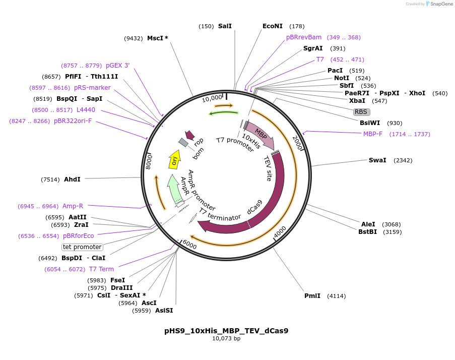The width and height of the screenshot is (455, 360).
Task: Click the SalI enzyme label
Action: coord(225,26)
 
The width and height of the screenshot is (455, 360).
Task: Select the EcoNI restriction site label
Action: coord(273,26)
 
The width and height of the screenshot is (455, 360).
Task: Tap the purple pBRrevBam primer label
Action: coord(304,37)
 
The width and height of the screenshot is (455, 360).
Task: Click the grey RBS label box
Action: coord(361,112)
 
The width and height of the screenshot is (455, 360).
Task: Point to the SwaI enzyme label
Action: coord(377,160)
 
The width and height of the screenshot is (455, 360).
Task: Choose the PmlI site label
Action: coord(312,296)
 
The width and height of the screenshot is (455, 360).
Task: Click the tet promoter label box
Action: coord(82,247)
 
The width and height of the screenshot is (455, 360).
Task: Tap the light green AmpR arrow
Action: coord(175,189)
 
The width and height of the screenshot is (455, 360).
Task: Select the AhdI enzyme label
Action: coord(72,179)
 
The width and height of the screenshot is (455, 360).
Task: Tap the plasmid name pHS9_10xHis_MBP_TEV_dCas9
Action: coord(226,331)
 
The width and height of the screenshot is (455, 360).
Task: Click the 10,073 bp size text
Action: coord(226,339)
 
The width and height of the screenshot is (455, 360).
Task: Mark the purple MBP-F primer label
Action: coord(373,134)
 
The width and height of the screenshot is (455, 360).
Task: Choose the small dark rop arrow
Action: coord(190,135)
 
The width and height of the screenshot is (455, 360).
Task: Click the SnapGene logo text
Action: coord(439,4)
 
